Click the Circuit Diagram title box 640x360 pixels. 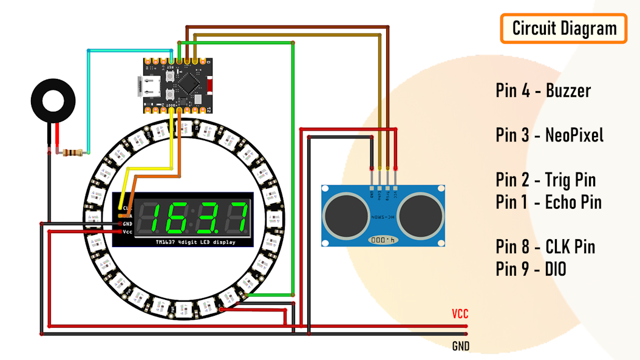point(563,29)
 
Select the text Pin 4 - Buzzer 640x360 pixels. point(543,91)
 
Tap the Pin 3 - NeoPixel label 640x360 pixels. point(550,135)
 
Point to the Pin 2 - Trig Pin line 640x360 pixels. point(545,180)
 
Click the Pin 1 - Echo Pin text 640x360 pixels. point(548,202)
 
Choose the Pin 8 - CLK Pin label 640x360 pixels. point(545,246)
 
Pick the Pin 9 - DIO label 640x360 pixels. point(531,268)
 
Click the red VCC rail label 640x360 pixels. point(460,314)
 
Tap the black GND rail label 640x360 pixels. point(460,347)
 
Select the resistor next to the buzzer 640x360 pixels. point(71,152)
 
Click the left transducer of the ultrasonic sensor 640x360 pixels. point(346,215)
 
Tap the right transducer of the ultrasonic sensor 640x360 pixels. point(421,215)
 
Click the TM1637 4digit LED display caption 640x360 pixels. point(194,242)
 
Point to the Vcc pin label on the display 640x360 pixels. point(127,232)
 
